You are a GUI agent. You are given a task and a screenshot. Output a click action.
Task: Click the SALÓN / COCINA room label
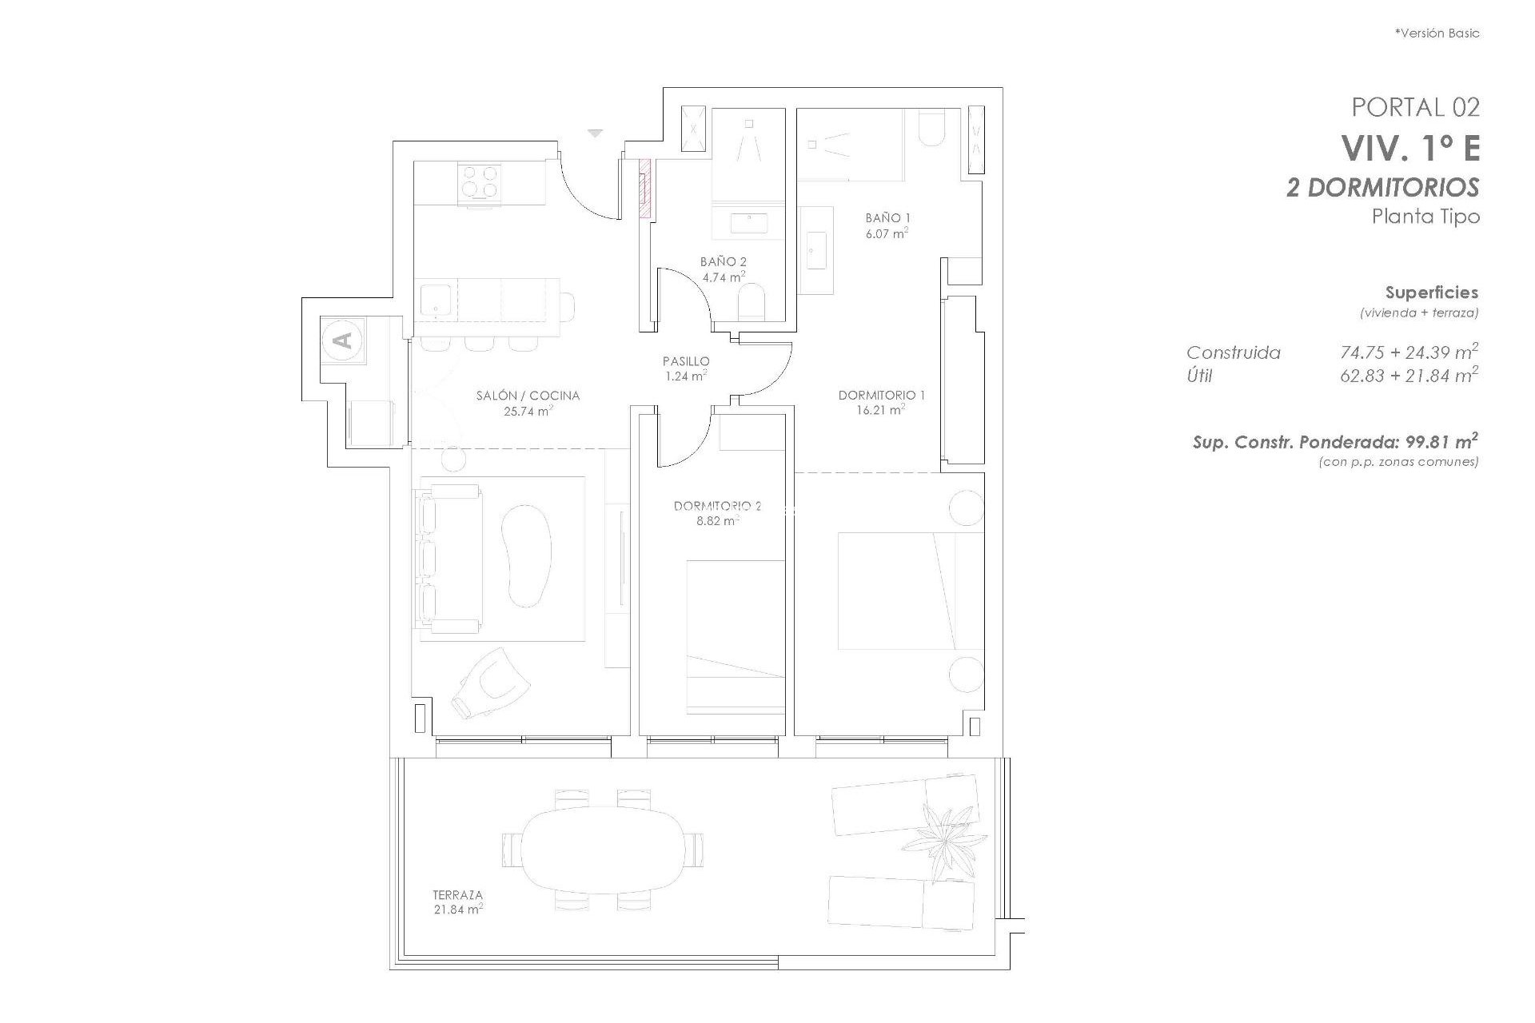click(x=527, y=396)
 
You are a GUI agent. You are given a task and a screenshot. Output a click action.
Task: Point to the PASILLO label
click(x=686, y=361)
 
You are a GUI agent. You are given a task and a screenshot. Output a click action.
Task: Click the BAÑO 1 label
click(x=887, y=217)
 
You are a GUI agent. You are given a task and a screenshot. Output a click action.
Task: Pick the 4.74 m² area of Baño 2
click(x=723, y=277)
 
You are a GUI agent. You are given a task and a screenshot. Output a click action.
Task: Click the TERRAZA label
click(x=458, y=895)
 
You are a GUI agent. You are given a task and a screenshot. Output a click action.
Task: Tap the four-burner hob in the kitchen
click(x=479, y=181)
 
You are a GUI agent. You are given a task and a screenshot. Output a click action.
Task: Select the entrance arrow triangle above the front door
click(x=594, y=133)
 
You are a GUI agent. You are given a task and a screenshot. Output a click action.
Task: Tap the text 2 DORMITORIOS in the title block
click(x=1382, y=188)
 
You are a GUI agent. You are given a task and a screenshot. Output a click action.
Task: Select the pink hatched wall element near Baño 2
click(x=644, y=188)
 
